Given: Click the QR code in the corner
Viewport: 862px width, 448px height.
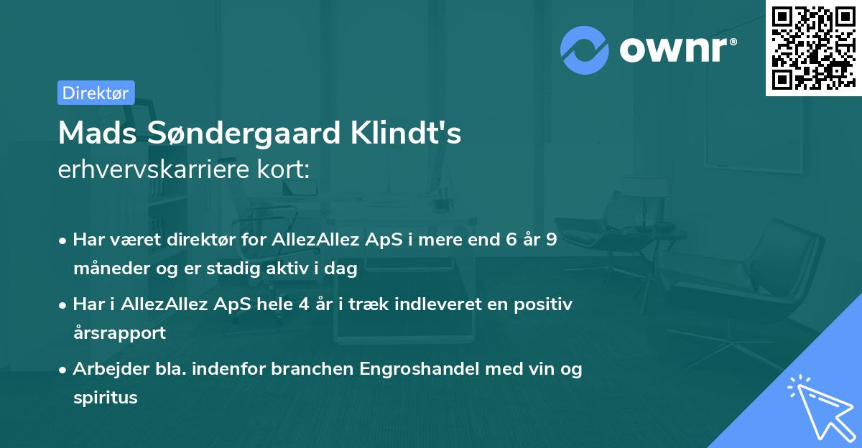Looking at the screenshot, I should click(x=813, y=48).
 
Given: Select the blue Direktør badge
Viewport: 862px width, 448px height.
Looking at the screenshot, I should click(x=96, y=93).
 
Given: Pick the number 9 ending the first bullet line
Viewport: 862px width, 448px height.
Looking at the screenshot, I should click(x=551, y=239).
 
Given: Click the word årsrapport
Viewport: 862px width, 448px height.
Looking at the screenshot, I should click(x=119, y=333).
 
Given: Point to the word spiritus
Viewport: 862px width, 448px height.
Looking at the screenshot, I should click(x=105, y=397).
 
